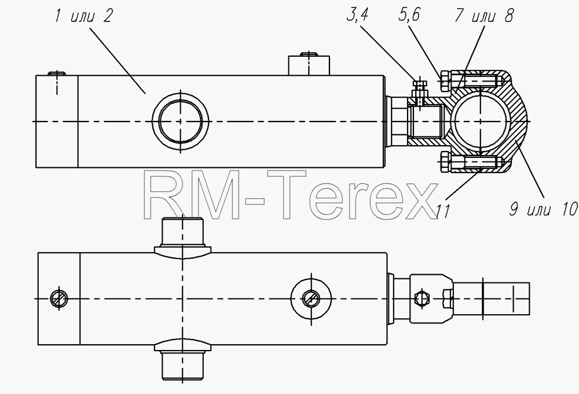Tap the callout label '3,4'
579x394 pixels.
[357, 15]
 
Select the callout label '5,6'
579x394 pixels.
[409, 15]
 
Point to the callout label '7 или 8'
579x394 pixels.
[483, 16]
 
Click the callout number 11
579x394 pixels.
[443, 212]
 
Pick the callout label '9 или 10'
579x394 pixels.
[543, 209]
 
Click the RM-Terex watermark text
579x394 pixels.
[290, 196]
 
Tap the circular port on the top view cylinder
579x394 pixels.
[181, 121]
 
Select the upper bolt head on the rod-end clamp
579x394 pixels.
[445, 81]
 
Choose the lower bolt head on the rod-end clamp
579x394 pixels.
[445, 162]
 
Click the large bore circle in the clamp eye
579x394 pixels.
[481, 121]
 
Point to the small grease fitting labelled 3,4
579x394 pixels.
[420, 89]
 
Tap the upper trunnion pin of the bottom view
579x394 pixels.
[182, 236]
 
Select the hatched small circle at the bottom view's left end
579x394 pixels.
[59, 298]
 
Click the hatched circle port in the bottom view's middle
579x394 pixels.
[312, 298]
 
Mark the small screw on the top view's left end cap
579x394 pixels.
[57, 73]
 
